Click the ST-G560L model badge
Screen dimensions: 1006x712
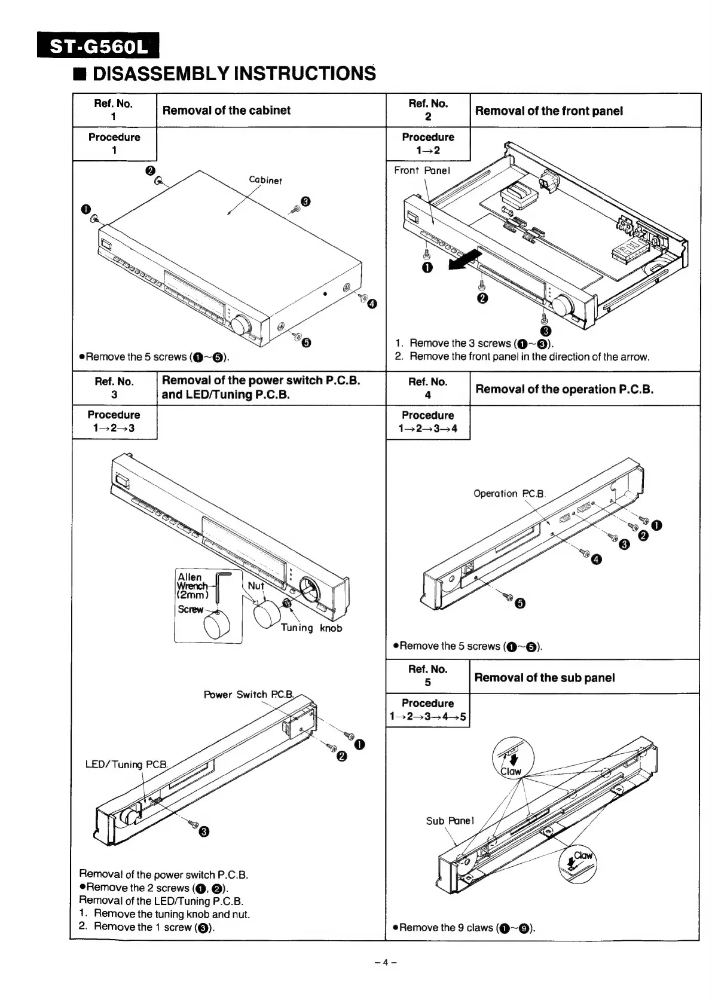(99, 46)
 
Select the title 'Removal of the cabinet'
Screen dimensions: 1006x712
(226, 110)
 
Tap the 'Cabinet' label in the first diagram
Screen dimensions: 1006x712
(265, 179)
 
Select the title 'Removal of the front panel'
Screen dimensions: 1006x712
(549, 111)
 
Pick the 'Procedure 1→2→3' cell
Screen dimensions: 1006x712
(114, 421)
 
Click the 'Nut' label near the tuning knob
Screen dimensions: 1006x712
(255, 586)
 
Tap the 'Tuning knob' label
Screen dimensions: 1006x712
(311, 628)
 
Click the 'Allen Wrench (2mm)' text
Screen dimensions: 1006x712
(192, 586)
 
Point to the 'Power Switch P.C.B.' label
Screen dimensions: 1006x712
(249, 695)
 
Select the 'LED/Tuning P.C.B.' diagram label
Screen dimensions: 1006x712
(128, 765)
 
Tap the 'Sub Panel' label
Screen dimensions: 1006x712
(450, 821)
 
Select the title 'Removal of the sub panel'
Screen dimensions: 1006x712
(544, 677)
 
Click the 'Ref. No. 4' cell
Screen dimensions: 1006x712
(427, 388)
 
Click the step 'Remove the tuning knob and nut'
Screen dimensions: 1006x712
(172, 913)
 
